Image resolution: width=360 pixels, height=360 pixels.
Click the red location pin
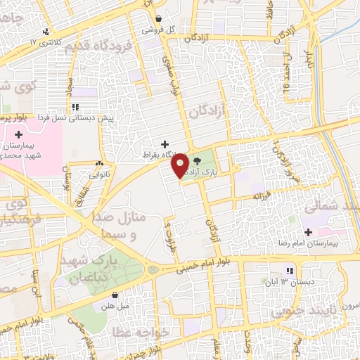pos(180,165)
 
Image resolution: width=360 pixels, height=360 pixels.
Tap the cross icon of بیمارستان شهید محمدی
pos(18,134)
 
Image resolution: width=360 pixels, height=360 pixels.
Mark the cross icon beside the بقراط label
pos(165,143)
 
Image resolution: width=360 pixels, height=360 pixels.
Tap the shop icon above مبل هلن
pos(114,295)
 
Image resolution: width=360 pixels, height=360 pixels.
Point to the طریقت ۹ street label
pos(169,232)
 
